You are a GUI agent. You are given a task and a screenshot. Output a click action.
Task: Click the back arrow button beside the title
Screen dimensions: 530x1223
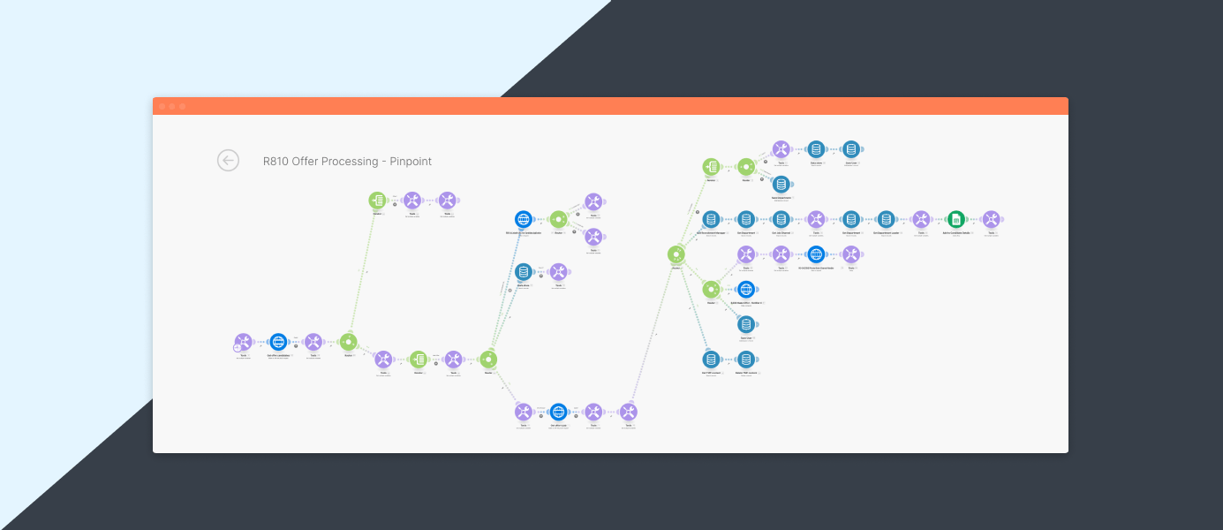[x=229, y=160]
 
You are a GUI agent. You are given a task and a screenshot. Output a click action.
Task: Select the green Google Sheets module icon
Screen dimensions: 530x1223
[x=955, y=219]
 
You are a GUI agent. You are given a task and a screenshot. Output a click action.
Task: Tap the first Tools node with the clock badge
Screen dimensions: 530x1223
[x=243, y=342]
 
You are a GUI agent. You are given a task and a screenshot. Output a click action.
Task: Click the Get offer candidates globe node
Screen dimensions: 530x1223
[x=278, y=342]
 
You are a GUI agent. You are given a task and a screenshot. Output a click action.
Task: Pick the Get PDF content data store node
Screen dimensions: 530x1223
[x=711, y=360]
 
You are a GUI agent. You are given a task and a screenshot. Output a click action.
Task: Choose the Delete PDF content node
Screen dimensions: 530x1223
[x=746, y=360]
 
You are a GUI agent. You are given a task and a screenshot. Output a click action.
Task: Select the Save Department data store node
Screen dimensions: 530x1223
[x=781, y=184]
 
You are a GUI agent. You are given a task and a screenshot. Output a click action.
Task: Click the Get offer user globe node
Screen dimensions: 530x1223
[x=558, y=412]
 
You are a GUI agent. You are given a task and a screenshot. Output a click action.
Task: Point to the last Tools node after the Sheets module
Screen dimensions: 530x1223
[x=991, y=219]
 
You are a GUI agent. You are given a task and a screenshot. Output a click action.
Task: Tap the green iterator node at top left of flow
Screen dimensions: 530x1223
[x=377, y=201]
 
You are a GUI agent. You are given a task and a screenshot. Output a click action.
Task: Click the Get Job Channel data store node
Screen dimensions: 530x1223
[x=781, y=219]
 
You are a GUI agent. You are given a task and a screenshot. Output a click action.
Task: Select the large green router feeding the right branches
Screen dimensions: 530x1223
[x=676, y=254]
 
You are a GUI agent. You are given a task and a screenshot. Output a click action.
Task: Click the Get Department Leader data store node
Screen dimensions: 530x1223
[x=886, y=219]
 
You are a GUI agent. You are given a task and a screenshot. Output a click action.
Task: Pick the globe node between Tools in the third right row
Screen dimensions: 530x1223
[x=816, y=254]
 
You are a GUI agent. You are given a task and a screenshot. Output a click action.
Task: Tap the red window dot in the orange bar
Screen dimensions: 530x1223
[x=162, y=106]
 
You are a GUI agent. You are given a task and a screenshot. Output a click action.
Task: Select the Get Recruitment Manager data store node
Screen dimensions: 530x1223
[x=711, y=219]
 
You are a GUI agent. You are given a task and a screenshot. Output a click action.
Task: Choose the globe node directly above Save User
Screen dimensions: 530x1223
[x=746, y=290]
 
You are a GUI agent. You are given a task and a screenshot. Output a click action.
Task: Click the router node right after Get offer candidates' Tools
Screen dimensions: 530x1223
[x=348, y=342]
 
